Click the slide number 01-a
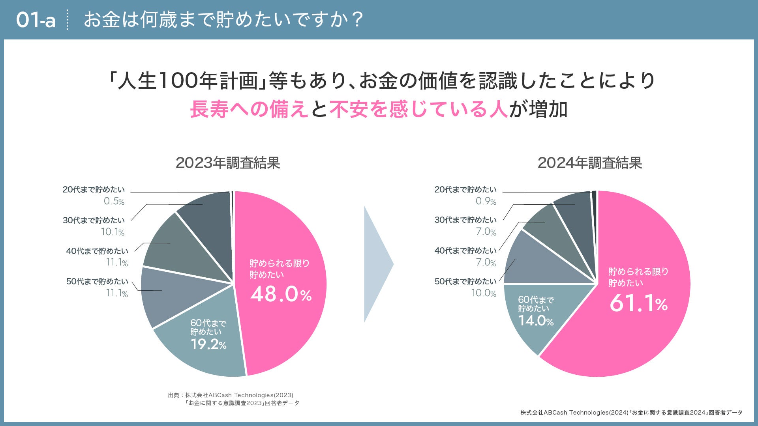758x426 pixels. point(36,20)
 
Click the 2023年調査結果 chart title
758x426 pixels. point(228,163)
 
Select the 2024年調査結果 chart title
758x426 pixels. point(590,163)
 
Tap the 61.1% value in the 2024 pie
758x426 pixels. point(638,303)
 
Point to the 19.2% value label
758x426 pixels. point(208,344)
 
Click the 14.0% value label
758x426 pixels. point(536,321)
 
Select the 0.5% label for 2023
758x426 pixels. point(114,201)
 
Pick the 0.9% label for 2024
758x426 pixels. point(486,201)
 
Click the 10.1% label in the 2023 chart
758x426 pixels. point(113,232)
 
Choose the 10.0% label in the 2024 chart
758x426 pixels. point(484,293)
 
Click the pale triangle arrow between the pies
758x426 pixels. point(377,264)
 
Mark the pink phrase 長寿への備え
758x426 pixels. point(249,109)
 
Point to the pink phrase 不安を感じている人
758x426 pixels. point(418,109)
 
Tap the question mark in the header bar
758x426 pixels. point(358,20)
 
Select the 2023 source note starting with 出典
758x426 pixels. point(233,399)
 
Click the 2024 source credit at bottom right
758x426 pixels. point(631,413)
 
